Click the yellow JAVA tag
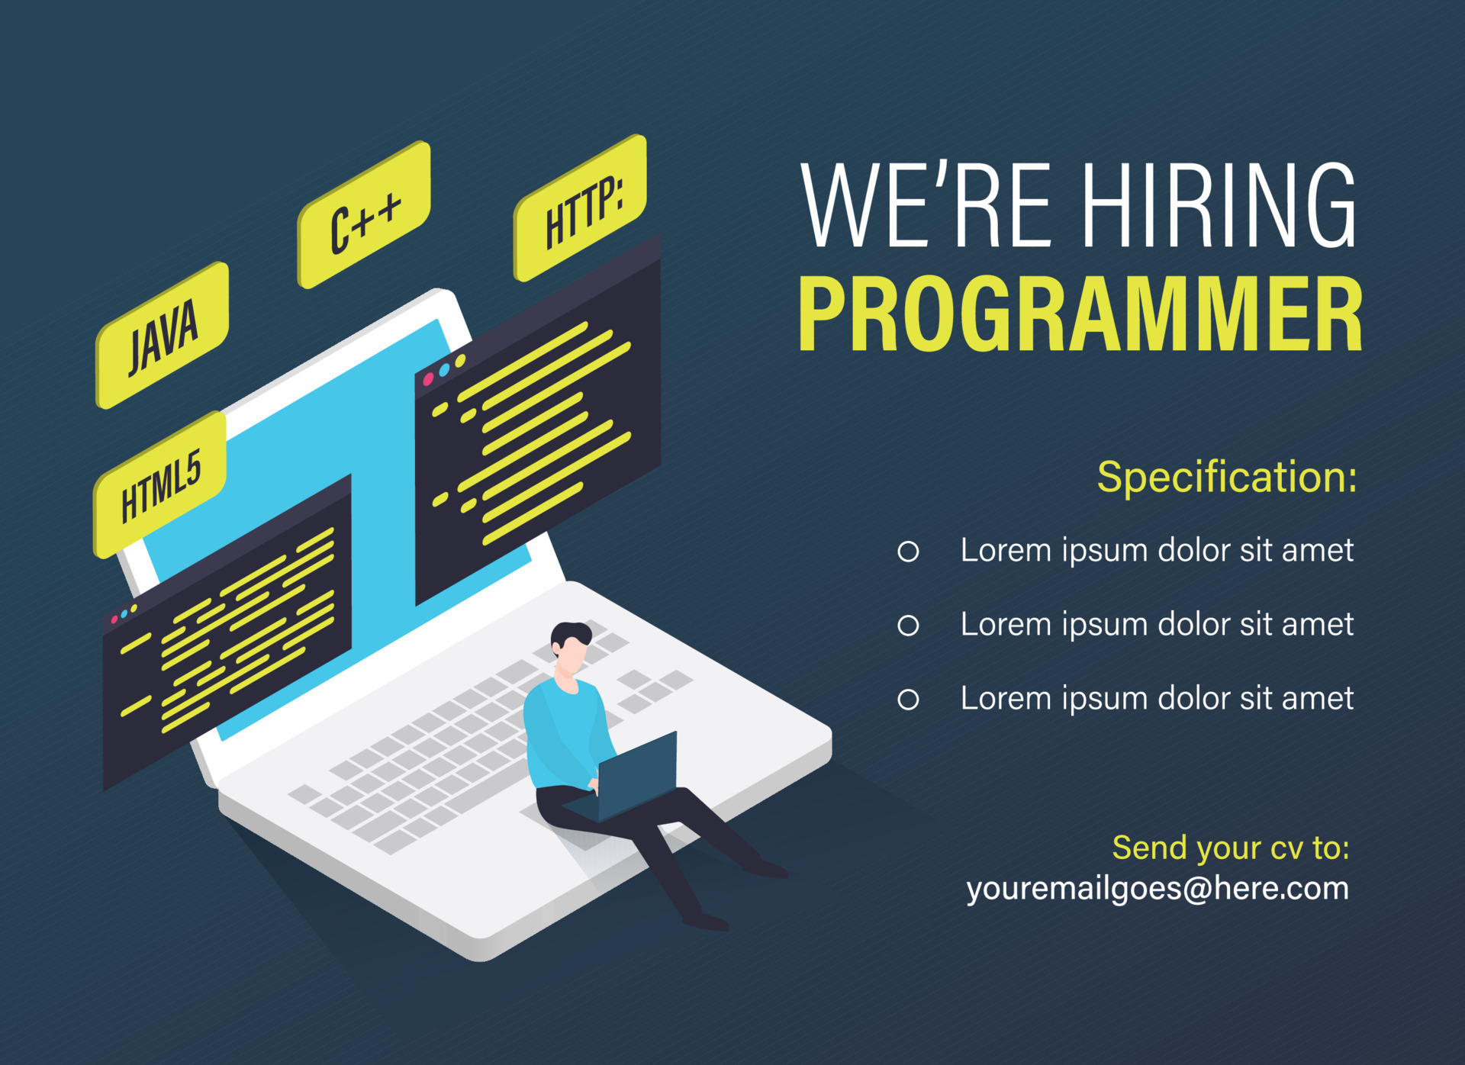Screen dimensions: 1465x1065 click(162, 336)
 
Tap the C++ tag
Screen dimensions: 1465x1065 click(364, 215)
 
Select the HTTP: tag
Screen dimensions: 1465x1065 click(581, 208)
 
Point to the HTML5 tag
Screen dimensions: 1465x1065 click(160, 484)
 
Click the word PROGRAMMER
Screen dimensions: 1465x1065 click(1080, 314)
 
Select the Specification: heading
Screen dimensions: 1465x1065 click(1227, 478)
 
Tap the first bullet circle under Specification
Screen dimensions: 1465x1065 click(908, 552)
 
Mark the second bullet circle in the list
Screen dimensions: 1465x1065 click(908, 626)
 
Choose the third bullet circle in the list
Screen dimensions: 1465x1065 click(908, 700)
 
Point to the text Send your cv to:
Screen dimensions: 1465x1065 click(1231, 848)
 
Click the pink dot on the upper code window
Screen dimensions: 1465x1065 click(428, 379)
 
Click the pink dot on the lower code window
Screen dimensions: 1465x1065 click(114, 619)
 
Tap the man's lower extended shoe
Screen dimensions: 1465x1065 click(705, 922)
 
